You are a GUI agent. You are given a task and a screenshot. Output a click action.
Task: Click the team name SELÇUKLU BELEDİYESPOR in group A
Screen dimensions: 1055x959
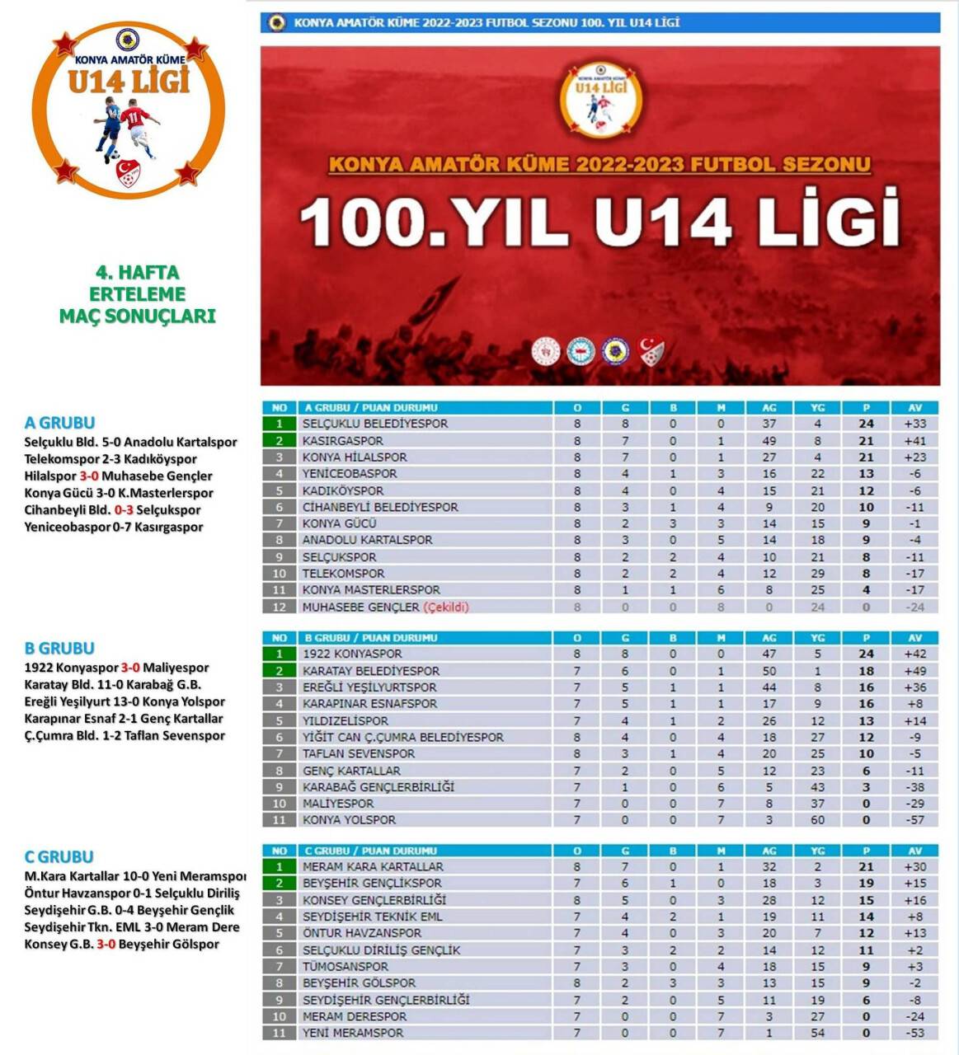pos(374,424)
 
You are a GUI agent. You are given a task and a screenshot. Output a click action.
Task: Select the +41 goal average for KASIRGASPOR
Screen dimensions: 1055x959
pos(914,441)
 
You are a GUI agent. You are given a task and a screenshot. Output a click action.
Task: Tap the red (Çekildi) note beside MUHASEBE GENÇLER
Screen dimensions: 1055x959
pos(446,607)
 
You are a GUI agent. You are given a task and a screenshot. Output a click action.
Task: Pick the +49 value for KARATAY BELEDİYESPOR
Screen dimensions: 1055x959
pos(914,671)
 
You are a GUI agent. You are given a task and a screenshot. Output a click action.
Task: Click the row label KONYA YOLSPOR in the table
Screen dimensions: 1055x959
pos(349,820)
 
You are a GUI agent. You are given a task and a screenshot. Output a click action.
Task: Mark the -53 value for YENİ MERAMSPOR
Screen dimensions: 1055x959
pos(914,1033)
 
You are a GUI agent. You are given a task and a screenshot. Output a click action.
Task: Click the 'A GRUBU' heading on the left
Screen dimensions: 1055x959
pos(59,423)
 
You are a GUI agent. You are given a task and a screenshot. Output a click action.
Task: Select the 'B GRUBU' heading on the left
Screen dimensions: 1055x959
pos(59,648)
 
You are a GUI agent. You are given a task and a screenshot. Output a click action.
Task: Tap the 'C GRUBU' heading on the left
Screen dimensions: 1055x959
pos(59,856)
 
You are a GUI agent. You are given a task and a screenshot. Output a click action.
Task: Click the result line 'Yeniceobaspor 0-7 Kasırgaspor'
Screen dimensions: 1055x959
pos(114,527)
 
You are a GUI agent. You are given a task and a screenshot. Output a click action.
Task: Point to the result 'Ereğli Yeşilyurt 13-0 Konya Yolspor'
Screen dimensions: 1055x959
pos(125,702)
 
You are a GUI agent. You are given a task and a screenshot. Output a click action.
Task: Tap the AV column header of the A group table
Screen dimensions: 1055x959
pos(914,408)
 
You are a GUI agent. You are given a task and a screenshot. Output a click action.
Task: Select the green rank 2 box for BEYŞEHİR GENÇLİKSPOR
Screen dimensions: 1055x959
pos(280,884)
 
